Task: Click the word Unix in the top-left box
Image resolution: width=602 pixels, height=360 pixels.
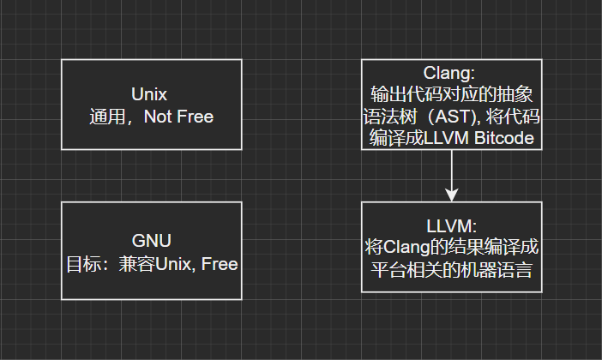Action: tap(151, 94)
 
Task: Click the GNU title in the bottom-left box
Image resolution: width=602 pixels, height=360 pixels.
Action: tap(151, 242)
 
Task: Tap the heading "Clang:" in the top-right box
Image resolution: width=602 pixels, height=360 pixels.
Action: tap(451, 74)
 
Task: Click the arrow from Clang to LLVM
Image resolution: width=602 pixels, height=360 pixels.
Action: tap(451, 171)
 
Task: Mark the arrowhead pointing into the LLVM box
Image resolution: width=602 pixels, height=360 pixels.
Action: tap(451, 195)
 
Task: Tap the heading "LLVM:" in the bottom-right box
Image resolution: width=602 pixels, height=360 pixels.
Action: tap(451, 225)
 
